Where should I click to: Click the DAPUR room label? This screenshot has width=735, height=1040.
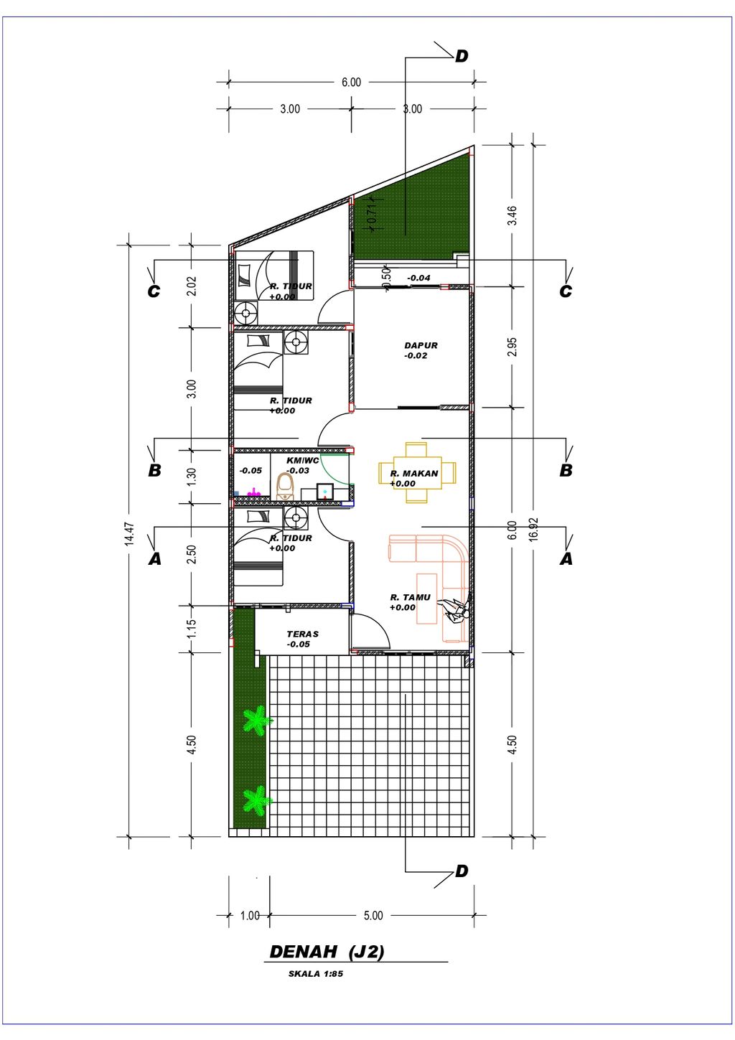(421, 345)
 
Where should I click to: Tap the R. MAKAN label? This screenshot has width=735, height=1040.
(414, 474)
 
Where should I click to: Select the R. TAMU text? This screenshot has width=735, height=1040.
(411, 597)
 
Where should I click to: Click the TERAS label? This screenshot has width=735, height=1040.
(302, 634)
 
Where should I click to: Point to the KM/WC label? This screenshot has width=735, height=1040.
(302, 461)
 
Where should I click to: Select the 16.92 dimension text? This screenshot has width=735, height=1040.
(533, 530)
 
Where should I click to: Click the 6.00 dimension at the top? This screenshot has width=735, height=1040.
(351, 83)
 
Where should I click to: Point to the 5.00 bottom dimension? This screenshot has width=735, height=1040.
(373, 915)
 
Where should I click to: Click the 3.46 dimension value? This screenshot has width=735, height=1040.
(512, 215)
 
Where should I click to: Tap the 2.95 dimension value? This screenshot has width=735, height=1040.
(512, 347)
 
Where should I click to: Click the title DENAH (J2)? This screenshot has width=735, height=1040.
(327, 952)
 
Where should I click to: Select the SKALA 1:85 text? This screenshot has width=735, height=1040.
(316, 974)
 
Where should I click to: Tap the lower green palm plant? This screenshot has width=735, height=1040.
(255, 799)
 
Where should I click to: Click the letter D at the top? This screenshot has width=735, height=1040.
(462, 56)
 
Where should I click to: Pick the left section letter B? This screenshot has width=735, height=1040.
(154, 471)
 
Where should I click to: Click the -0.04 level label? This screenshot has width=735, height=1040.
(418, 278)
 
